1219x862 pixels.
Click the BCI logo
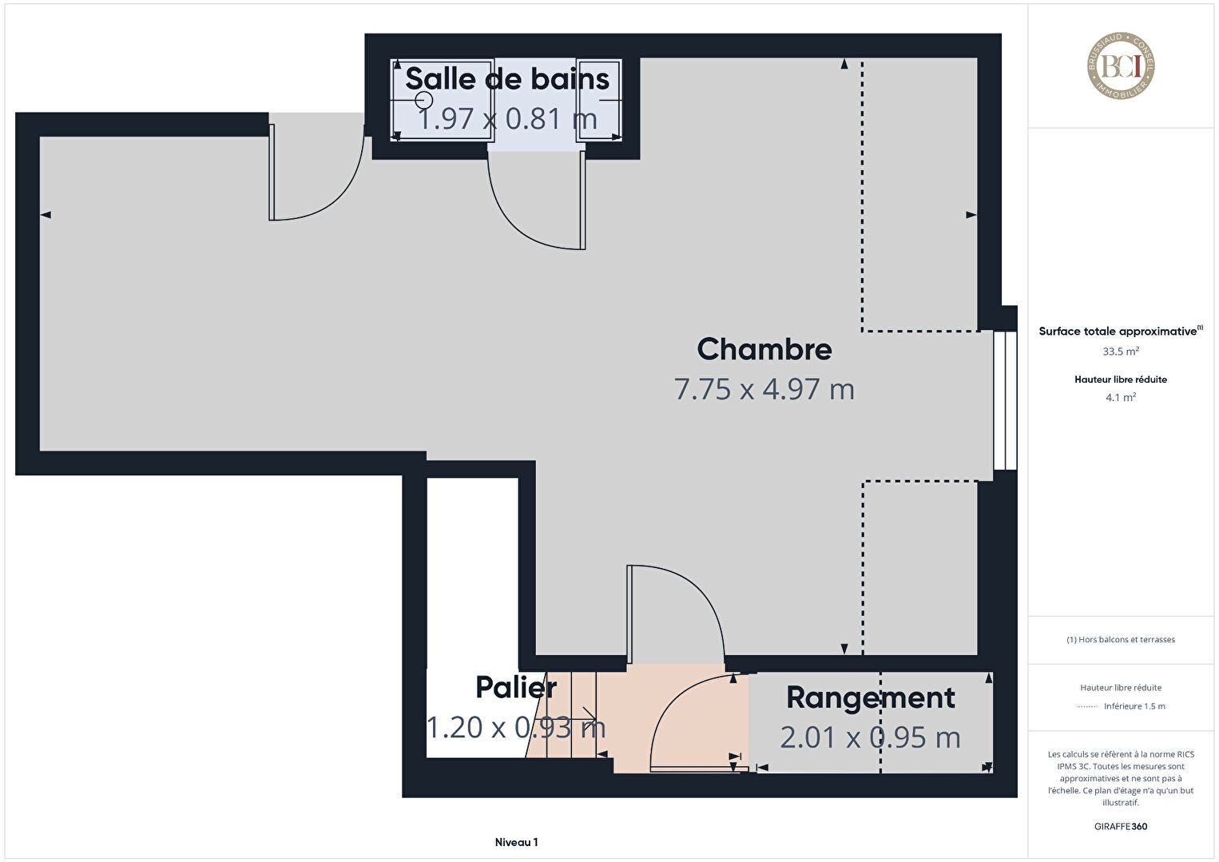(x=1121, y=66)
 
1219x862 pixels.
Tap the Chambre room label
(x=764, y=349)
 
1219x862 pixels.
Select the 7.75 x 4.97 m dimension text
(x=764, y=390)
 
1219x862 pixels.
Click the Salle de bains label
(x=507, y=79)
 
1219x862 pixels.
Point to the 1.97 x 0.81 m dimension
(x=507, y=118)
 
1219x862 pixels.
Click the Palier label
(x=516, y=687)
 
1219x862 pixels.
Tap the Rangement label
(x=870, y=697)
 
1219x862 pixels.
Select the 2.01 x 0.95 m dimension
(x=870, y=738)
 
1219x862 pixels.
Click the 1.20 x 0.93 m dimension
(x=516, y=727)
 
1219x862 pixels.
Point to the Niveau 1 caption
(x=517, y=842)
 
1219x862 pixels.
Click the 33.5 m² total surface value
(x=1121, y=352)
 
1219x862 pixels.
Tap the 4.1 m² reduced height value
(x=1121, y=397)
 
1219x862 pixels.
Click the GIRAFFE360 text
(x=1121, y=827)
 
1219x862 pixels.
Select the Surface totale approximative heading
(x=1121, y=331)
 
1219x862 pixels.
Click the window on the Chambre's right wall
(x=1005, y=400)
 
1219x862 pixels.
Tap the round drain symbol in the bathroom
(x=424, y=100)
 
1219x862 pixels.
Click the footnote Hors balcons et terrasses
(x=1121, y=639)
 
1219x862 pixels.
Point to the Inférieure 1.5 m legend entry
(x=1134, y=706)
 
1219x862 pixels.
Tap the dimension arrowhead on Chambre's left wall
(x=46, y=215)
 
